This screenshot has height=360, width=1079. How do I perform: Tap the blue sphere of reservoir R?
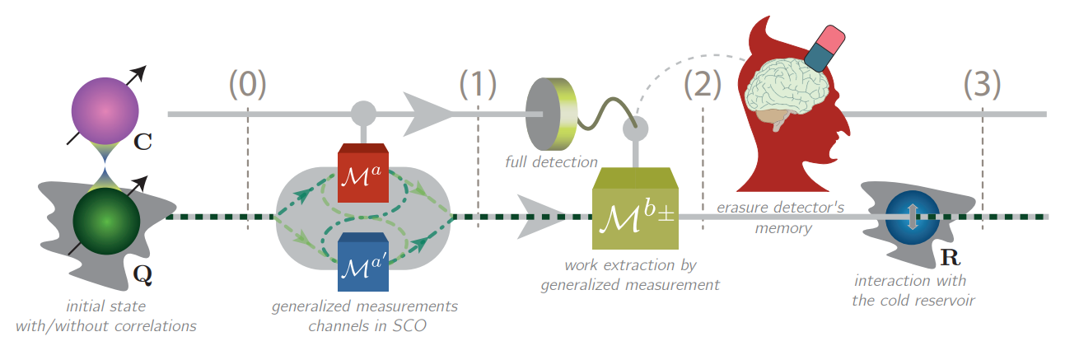[912, 217]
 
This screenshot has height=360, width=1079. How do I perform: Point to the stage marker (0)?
[247, 84]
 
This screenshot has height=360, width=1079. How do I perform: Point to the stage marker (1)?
[479, 84]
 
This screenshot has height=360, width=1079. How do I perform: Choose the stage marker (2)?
[703, 84]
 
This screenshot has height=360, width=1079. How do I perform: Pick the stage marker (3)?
[983, 84]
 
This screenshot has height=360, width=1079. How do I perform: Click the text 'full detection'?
[551, 161]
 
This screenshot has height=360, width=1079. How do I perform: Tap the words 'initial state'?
[106, 306]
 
